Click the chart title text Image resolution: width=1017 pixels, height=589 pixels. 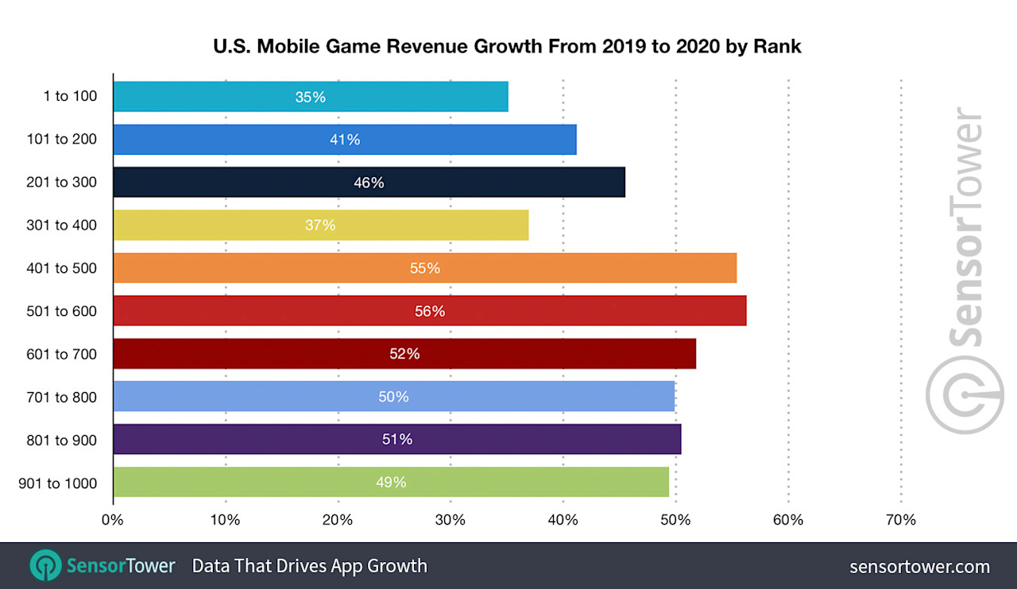coord(507,47)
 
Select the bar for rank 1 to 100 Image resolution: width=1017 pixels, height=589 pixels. coord(310,97)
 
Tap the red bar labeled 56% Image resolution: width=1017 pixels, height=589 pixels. coord(429,311)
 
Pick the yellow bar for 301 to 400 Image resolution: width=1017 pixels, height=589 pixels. coord(320,225)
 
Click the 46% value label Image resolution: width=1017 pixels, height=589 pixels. coord(369,183)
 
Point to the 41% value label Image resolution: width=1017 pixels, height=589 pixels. coord(345,140)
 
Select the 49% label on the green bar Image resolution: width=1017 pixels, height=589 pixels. coord(391,483)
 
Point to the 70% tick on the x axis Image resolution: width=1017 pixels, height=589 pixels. coord(900,521)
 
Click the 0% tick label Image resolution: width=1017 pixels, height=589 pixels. coord(113,521)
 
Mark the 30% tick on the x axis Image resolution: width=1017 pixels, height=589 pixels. coord(450,521)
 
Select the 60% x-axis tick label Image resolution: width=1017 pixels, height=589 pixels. coord(787,521)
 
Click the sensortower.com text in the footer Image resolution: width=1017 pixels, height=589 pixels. coord(919,567)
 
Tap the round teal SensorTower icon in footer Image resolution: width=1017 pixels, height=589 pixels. coord(45,566)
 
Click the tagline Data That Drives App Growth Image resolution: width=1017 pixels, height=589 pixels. coord(310,566)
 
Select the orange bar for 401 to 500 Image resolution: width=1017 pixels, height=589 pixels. coord(424,268)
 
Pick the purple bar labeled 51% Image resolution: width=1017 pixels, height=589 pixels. coord(396,440)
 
